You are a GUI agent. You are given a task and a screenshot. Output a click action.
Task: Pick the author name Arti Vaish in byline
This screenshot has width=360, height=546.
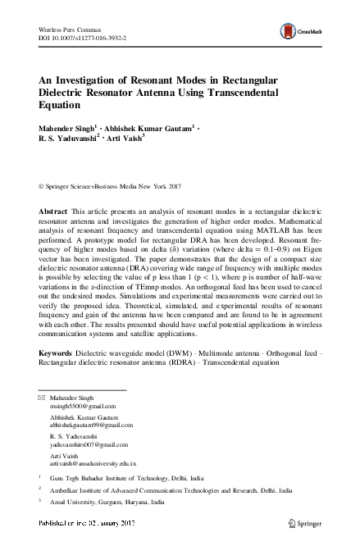tap(121, 139)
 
